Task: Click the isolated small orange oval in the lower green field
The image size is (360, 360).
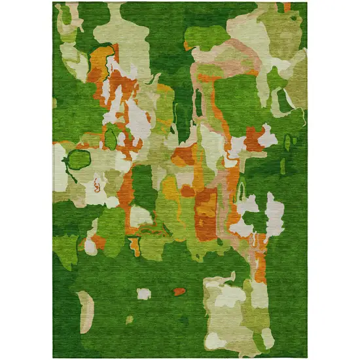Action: click(x=179, y=291)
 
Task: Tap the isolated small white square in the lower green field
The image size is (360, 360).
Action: click(x=144, y=293)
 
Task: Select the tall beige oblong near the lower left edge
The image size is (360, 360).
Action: click(x=84, y=312)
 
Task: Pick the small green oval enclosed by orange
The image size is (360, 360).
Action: click(x=111, y=137)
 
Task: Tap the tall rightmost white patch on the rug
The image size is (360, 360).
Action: click(x=275, y=215)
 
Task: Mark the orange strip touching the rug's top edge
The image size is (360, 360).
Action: click(x=287, y=7)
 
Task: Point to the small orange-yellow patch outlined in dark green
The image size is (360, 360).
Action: click(x=135, y=245)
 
